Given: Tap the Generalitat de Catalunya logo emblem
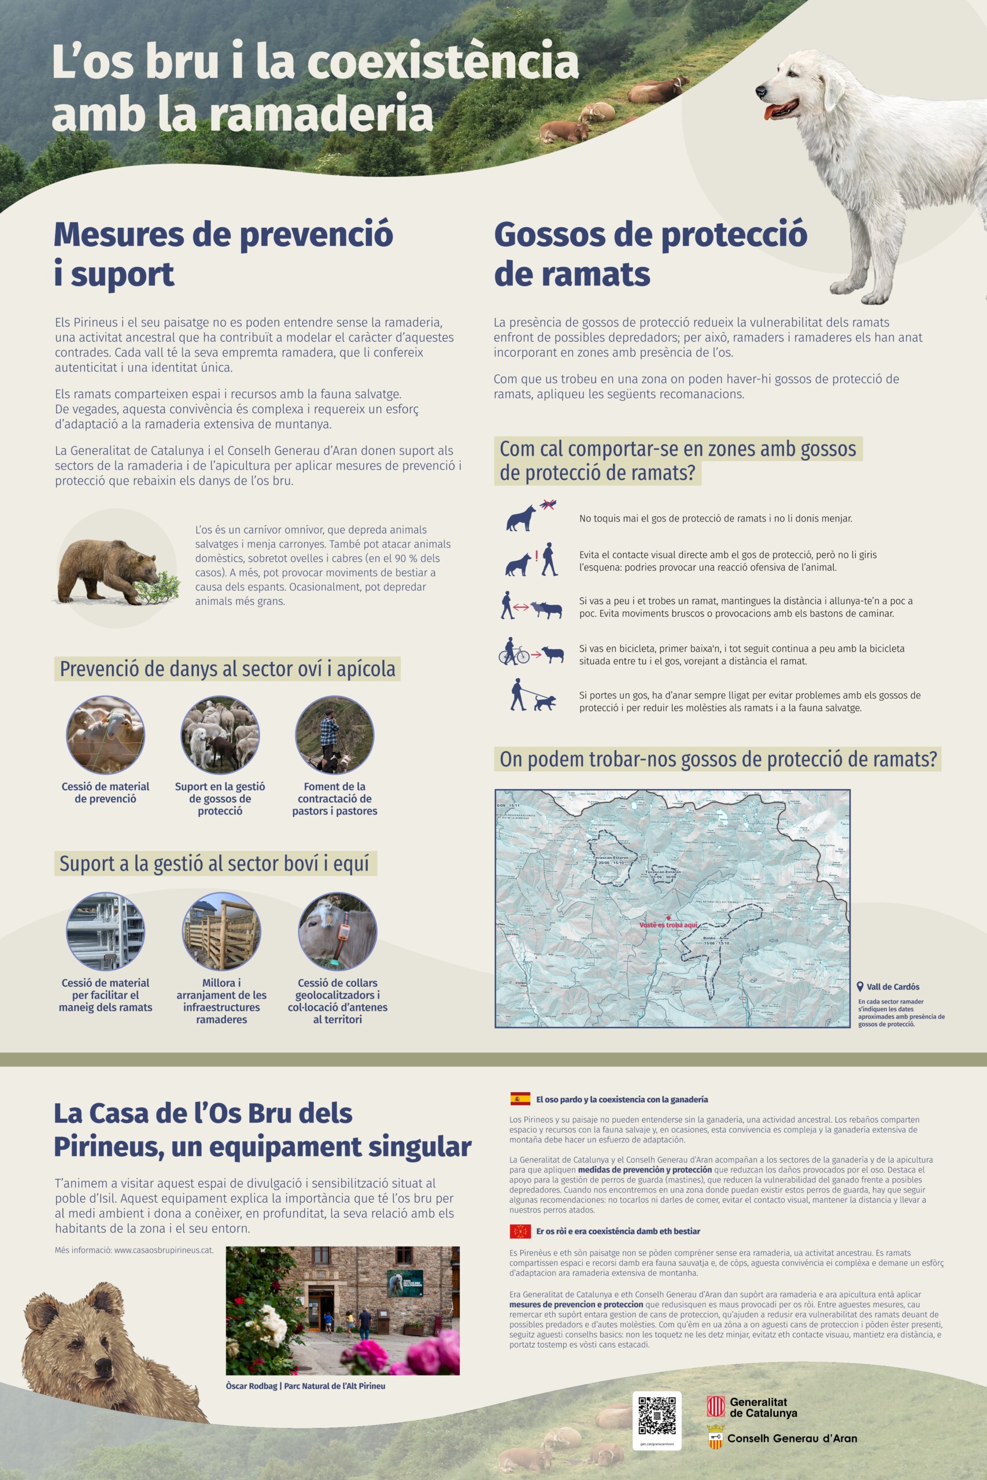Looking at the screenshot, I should point(716,1407).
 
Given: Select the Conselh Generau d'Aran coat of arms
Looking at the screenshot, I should point(716,1437).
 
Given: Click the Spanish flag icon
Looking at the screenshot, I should point(520,1098).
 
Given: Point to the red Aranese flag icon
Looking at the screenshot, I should point(520,1231).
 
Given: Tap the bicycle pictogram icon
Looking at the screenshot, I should point(513,653).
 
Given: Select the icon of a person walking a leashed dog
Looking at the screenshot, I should point(532,695).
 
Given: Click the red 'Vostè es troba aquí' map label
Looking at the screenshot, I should point(668,925).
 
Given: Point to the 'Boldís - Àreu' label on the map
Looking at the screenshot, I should point(716,939).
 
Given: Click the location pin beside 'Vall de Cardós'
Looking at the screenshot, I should point(860,987).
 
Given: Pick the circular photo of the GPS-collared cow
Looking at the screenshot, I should point(338,931).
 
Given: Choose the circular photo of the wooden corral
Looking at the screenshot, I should point(221,931).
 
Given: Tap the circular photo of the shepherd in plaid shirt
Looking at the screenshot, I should point(334,734).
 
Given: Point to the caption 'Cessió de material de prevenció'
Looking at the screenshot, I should point(105,792).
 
